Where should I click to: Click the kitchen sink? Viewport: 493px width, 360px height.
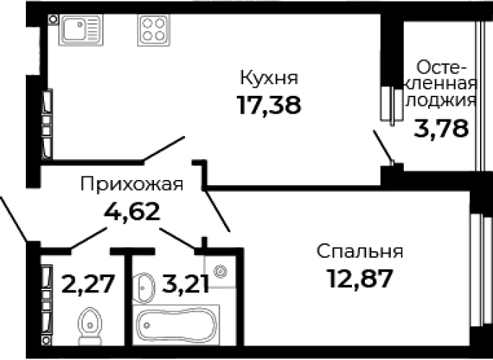click(x=81, y=30)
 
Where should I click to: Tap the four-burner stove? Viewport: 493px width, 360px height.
click(x=153, y=30)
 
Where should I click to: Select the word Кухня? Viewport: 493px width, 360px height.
click(x=269, y=78)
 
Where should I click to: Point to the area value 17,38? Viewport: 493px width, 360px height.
click(x=269, y=104)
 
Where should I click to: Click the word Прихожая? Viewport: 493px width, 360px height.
click(x=132, y=184)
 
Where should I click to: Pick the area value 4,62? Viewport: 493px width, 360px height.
click(x=132, y=211)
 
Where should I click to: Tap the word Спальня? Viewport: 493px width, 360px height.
click(x=360, y=251)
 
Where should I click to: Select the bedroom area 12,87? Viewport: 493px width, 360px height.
click(x=360, y=279)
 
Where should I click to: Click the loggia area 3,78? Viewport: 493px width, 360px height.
click(x=441, y=128)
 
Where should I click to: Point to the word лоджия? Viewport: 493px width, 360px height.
click(x=441, y=101)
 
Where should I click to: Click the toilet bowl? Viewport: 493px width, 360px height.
click(x=90, y=325)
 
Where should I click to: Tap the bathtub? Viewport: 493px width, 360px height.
click(x=176, y=325)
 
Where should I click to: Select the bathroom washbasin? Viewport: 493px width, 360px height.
click(x=143, y=287)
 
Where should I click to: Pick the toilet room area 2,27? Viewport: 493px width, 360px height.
click(x=88, y=284)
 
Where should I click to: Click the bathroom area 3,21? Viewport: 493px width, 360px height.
click(x=185, y=284)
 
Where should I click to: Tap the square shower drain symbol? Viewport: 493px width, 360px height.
click(x=220, y=271)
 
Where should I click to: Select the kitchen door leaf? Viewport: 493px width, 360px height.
click(x=164, y=148)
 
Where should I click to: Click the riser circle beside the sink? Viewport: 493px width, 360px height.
click(x=53, y=19)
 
